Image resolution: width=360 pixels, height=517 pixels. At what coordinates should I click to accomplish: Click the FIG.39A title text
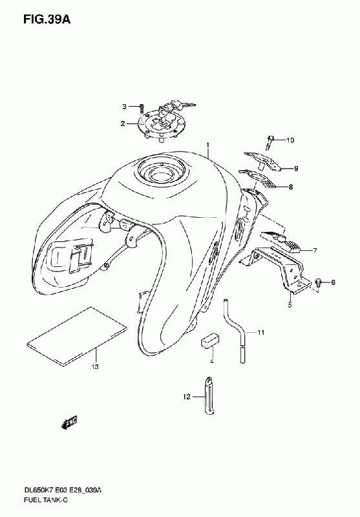click(47, 19)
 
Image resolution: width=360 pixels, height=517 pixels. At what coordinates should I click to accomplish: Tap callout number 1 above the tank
click(208, 145)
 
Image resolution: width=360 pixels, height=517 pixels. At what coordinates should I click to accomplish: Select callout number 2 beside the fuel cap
click(123, 124)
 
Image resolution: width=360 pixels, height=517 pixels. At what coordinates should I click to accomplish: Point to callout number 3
click(124, 107)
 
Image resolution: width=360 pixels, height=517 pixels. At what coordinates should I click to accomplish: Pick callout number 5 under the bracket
click(290, 304)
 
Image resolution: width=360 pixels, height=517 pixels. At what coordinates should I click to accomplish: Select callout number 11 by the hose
click(261, 333)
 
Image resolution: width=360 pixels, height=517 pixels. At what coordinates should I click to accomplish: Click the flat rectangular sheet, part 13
click(77, 337)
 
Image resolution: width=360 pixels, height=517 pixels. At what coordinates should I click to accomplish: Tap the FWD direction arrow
click(70, 423)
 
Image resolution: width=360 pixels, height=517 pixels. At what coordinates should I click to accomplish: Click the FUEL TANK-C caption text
click(46, 500)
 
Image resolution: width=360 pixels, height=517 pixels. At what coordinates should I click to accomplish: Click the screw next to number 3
click(142, 109)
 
